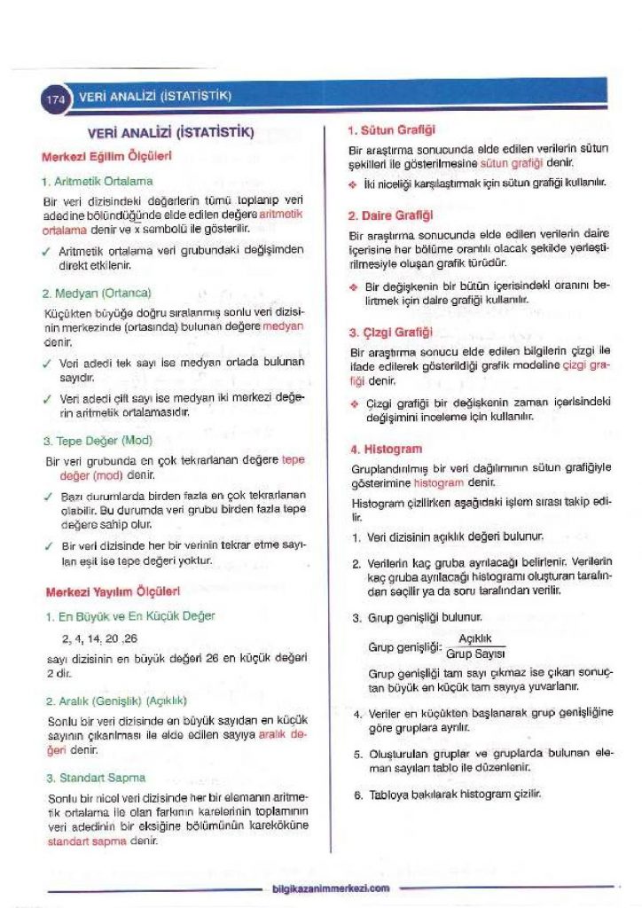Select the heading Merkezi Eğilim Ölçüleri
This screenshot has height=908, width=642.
tap(106, 156)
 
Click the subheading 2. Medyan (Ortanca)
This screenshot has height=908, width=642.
tap(97, 292)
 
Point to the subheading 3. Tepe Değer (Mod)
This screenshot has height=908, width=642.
tap(98, 440)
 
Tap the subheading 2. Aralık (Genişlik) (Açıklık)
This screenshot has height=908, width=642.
tap(115, 701)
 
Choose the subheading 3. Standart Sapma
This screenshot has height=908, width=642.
tap(95, 778)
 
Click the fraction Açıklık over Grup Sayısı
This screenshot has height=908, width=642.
tap(475, 647)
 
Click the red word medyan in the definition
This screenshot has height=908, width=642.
tap(283, 326)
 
